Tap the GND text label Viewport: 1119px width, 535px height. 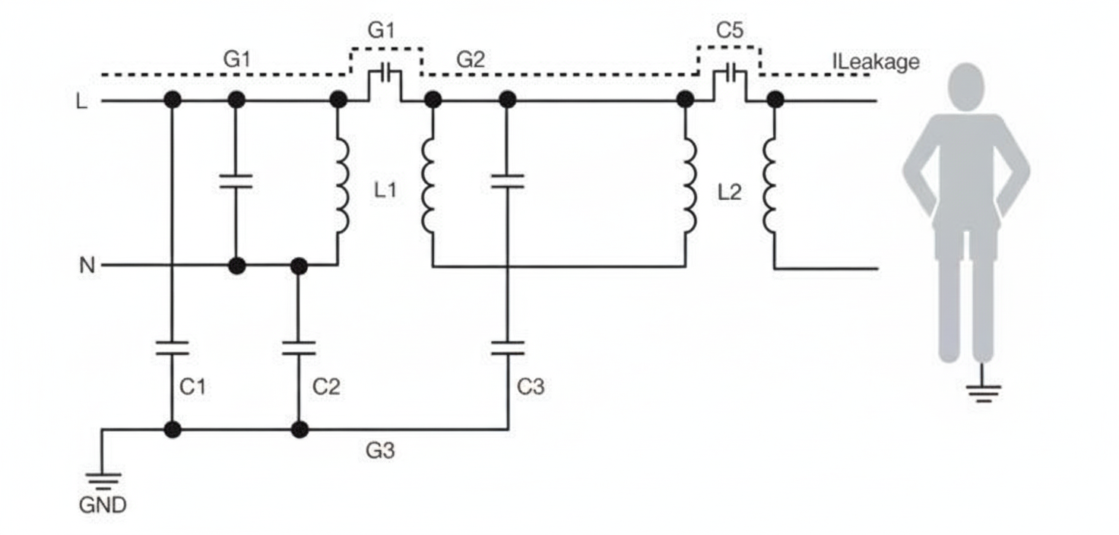[103, 505]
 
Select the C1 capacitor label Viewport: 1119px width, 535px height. [192, 387]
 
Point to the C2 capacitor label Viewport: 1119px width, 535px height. [326, 387]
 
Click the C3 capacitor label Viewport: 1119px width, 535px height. [531, 387]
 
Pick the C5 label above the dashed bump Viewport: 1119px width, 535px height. [730, 31]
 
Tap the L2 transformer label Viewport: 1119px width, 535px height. [729, 192]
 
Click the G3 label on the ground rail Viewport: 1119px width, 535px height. [380, 451]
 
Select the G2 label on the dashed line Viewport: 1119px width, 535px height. [470, 59]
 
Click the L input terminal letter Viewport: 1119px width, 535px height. [82, 101]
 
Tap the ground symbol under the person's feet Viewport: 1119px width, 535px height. [983, 392]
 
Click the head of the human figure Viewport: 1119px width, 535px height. [966, 86]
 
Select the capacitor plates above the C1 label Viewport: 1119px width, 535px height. [173, 348]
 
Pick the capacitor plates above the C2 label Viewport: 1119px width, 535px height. [299, 348]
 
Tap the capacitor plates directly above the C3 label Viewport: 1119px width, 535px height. [507, 348]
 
